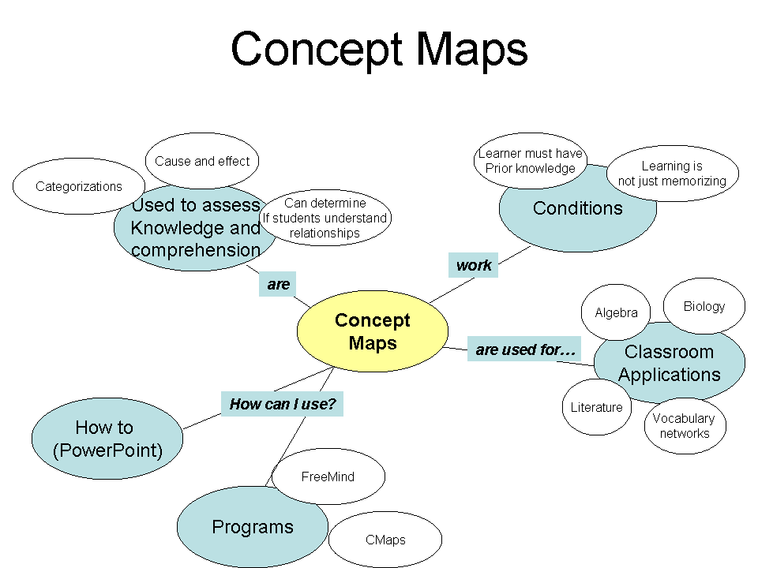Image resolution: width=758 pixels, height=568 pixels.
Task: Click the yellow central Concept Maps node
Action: [372, 331]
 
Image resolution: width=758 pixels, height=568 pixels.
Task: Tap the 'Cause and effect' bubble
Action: [202, 161]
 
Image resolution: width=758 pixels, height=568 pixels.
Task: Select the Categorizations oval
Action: [79, 187]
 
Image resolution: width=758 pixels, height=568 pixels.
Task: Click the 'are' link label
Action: [278, 285]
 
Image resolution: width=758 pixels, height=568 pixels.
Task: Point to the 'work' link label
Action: [474, 266]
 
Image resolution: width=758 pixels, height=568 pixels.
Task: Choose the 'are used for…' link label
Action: [524, 349]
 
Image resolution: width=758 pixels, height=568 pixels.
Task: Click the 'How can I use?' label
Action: [283, 405]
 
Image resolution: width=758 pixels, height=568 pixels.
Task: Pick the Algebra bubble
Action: [616, 313]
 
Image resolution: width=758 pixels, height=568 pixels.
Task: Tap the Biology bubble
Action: [704, 306]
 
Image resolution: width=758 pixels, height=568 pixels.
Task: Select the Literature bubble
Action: [597, 408]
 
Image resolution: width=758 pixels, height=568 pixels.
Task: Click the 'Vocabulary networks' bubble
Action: [684, 426]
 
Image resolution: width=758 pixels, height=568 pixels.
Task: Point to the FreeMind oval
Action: [328, 476]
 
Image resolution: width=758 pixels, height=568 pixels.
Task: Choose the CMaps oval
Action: [385, 540]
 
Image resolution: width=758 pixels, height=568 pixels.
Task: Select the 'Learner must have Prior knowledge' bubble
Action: [531, 161]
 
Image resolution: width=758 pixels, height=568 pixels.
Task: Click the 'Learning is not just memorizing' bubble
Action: [672, 174]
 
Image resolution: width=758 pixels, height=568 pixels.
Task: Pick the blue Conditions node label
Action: [578, 209]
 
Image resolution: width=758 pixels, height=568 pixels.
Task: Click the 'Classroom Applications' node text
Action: [670, 364]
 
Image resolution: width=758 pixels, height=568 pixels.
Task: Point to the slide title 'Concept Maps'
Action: [379, 49]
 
